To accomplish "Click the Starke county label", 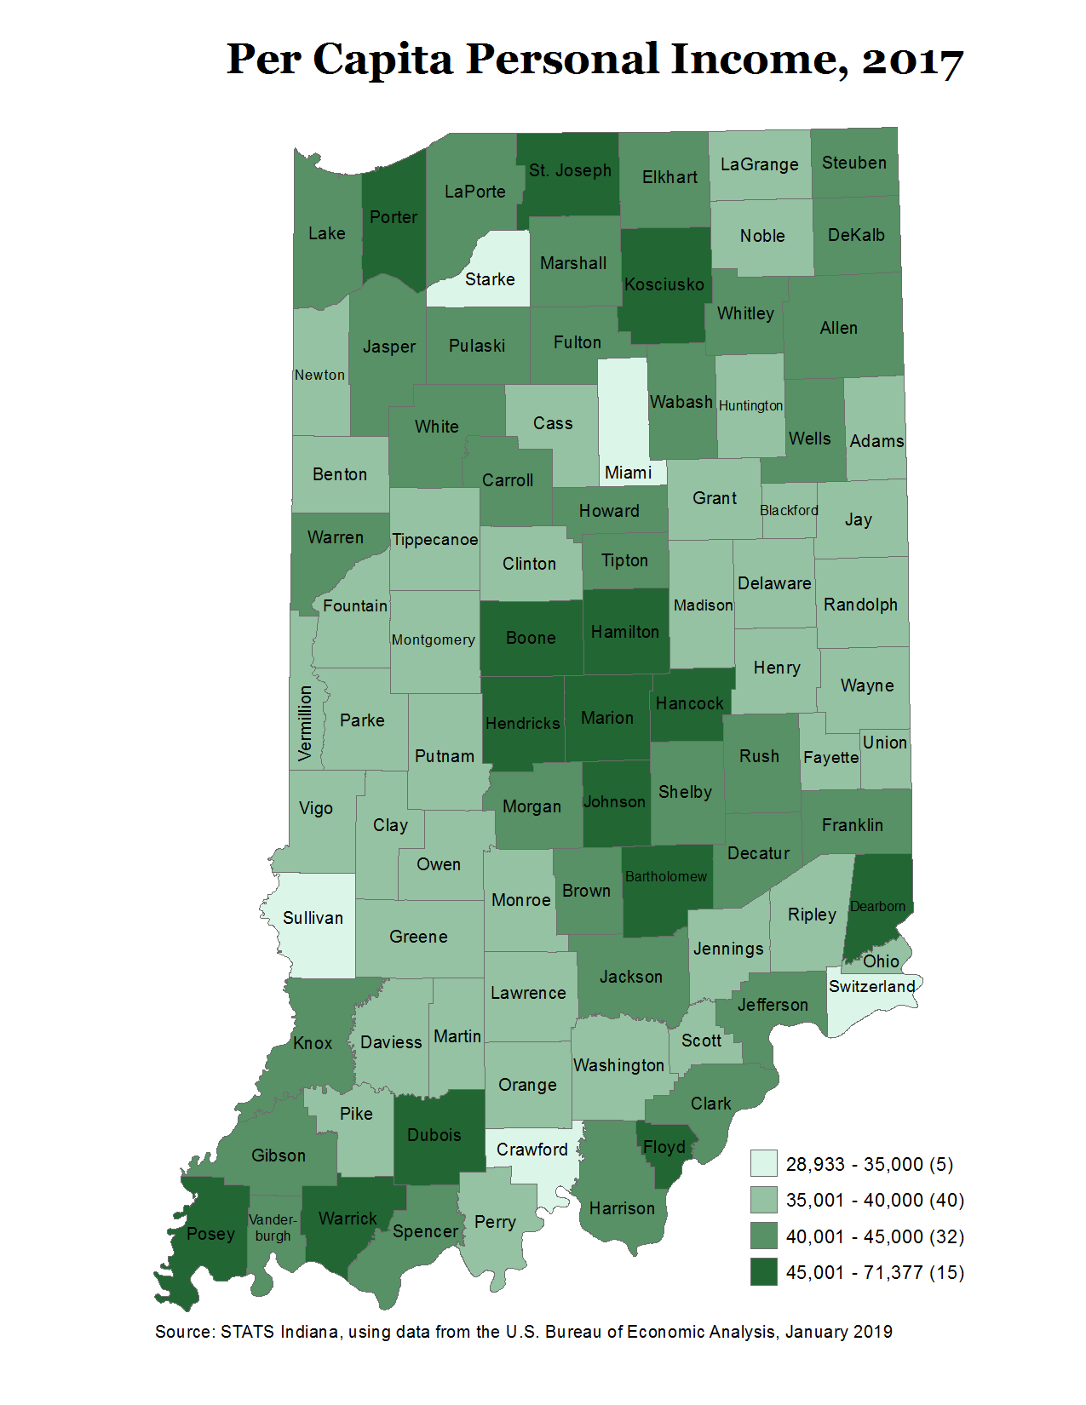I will click(490, 279).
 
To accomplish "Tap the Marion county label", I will click(607, 718).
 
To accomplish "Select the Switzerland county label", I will click(872, 986).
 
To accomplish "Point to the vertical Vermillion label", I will click(305, 723).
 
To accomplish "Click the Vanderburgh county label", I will click(273, 1227).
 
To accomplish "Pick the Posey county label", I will click(210, 1234).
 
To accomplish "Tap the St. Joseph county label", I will click(570, 170).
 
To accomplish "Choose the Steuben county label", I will click(853, 163).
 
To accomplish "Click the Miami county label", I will click(628, 473).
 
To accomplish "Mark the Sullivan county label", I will click(313, 918).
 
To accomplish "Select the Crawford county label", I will click(532, 1150).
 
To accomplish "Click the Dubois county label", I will click(434, 1135).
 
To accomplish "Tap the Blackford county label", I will click(789, 510).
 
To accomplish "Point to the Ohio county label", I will click(881, 961).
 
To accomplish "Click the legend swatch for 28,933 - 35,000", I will click(763, 1163).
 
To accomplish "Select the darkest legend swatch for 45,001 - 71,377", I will click(763, 1271).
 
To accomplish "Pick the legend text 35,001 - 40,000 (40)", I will click(875, 1200).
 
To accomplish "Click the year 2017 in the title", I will click(911, 60).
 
